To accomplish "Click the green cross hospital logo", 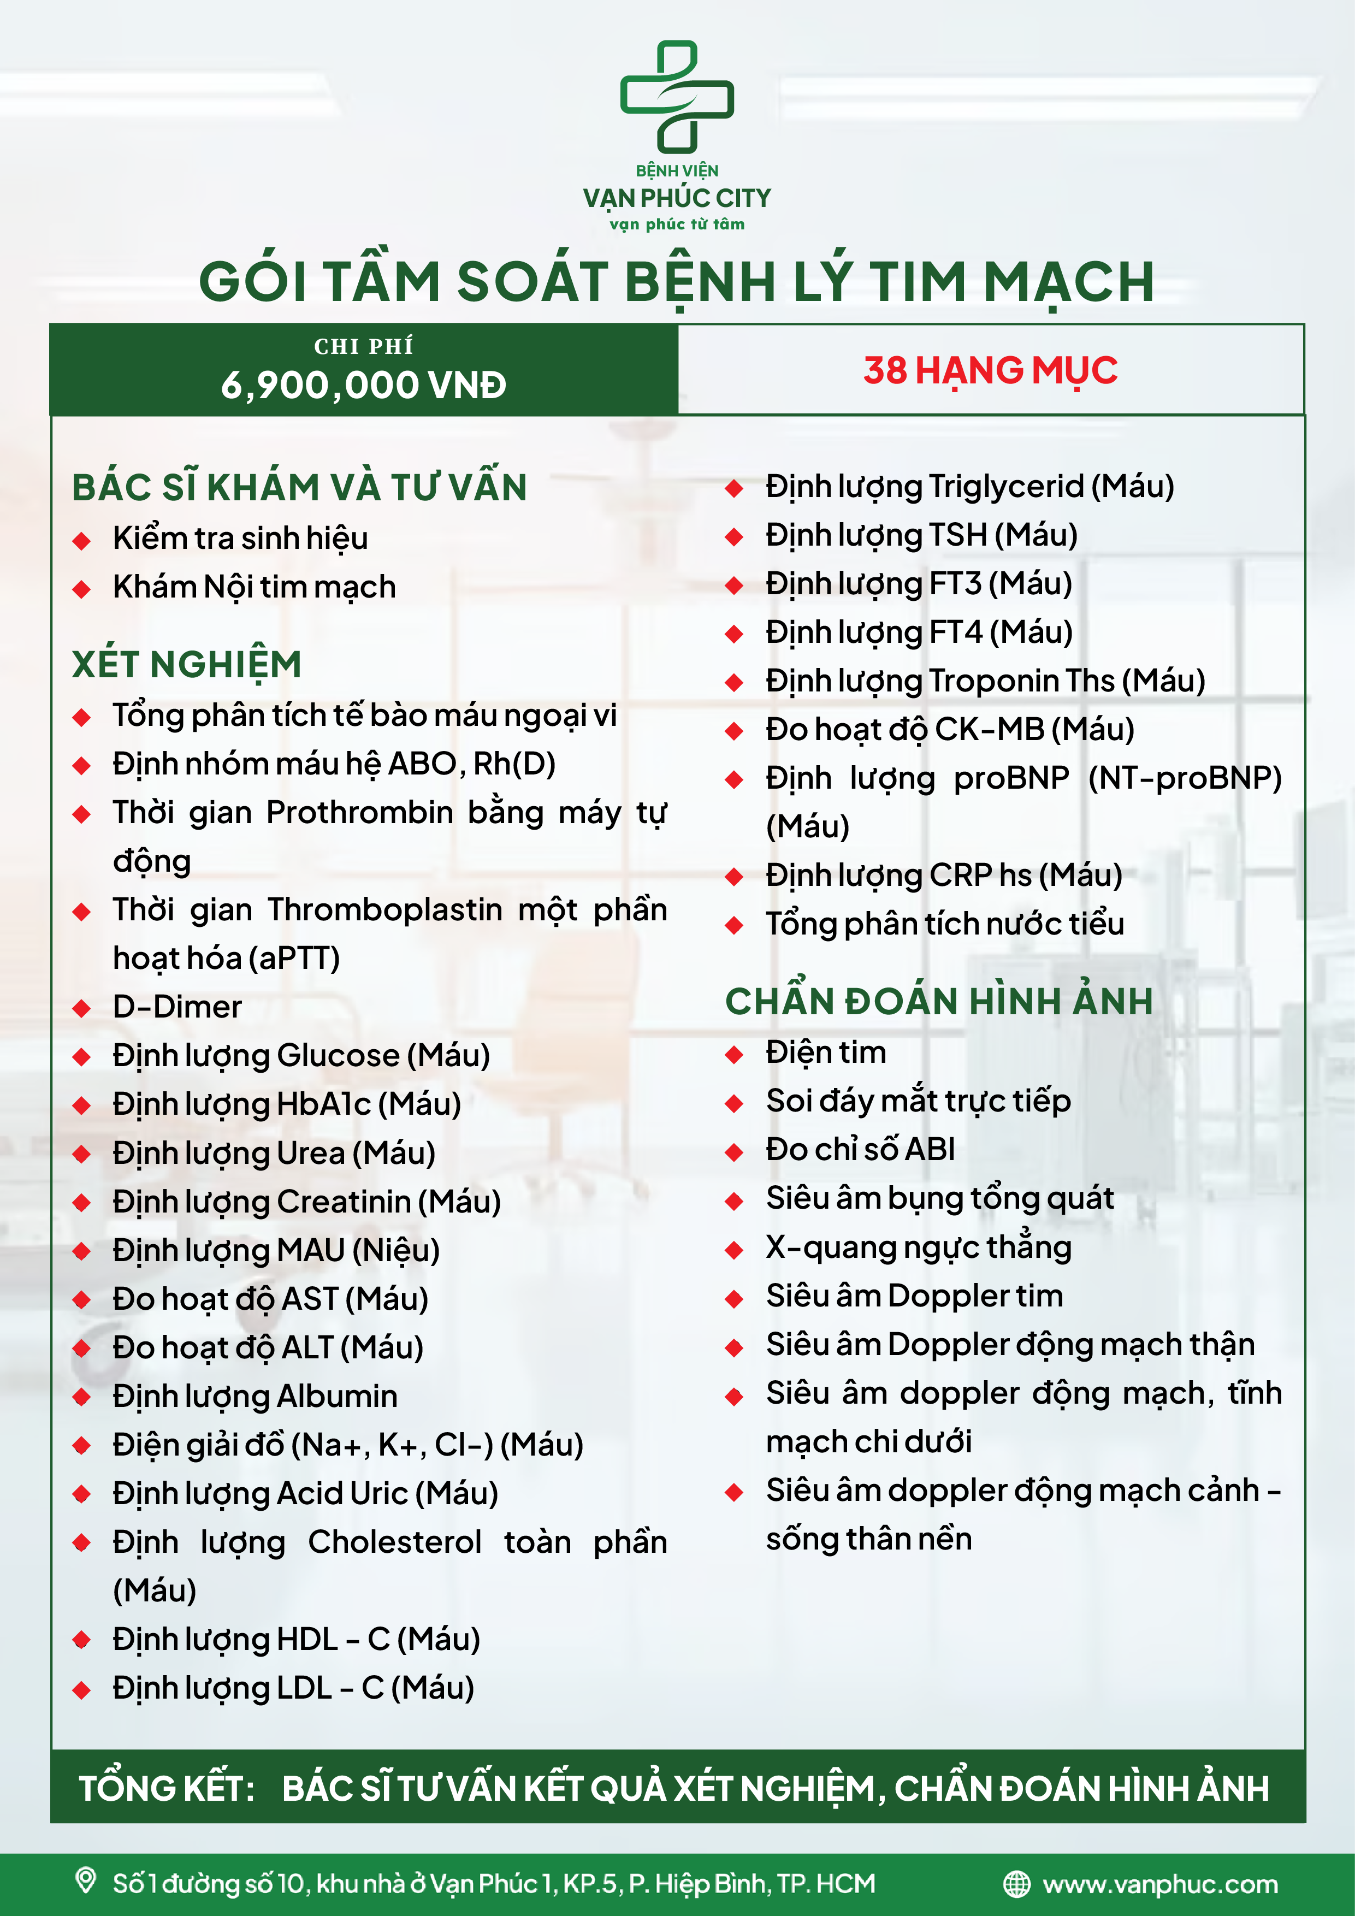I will tap(677, 95).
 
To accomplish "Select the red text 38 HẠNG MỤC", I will tap(990, 370).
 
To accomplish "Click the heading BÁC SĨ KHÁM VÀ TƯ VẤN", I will tap(299, 487).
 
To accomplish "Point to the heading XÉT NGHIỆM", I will tap(187, 664).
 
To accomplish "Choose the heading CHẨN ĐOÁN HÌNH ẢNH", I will tap(939, 1001).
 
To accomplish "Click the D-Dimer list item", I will tap(177, 1007).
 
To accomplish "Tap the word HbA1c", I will tap(324, 1104).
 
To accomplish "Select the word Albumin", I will tap(337, 1396).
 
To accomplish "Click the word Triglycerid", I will tap(1004, 487).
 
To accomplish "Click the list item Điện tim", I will tap(825, 1052).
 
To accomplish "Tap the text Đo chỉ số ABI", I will tap(860, 1150).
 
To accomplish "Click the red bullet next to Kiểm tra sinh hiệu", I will tap(82, 541).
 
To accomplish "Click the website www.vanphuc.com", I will tap(1160, 1884).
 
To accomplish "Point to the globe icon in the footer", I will tap(1016, 1884).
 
